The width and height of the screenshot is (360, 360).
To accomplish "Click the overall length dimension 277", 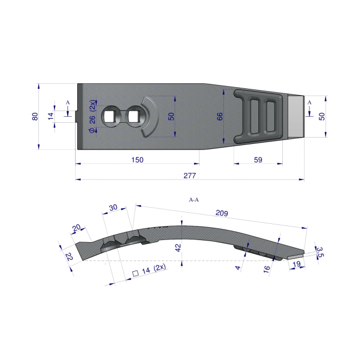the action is click(189, 176).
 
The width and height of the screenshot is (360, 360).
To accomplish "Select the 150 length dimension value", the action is click(137, 160).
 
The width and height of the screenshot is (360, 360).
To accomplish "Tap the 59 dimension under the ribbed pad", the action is click(258, 160).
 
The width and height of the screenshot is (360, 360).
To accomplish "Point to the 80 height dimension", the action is click(35, 117).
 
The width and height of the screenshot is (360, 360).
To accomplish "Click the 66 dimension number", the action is click(219, 117).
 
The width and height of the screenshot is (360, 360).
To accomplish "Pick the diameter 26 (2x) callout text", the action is click(92, 116).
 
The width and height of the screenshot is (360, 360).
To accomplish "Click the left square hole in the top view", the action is click(107, 117).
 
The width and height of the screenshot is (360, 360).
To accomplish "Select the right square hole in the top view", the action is click(132, 117).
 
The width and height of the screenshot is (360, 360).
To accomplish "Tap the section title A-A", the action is click(194, 200).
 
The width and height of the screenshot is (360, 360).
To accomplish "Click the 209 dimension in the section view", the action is click(222, 213).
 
